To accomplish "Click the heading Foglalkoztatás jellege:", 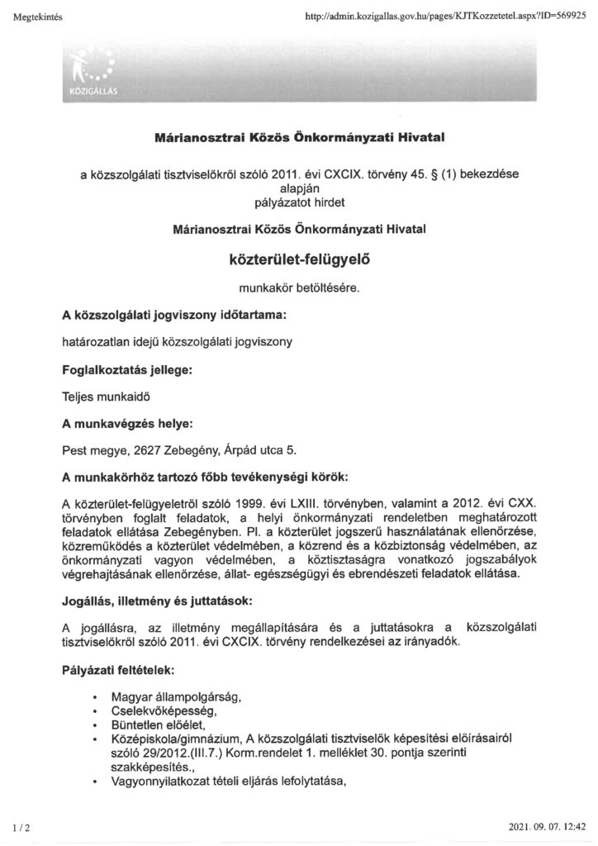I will click(127, 372).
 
